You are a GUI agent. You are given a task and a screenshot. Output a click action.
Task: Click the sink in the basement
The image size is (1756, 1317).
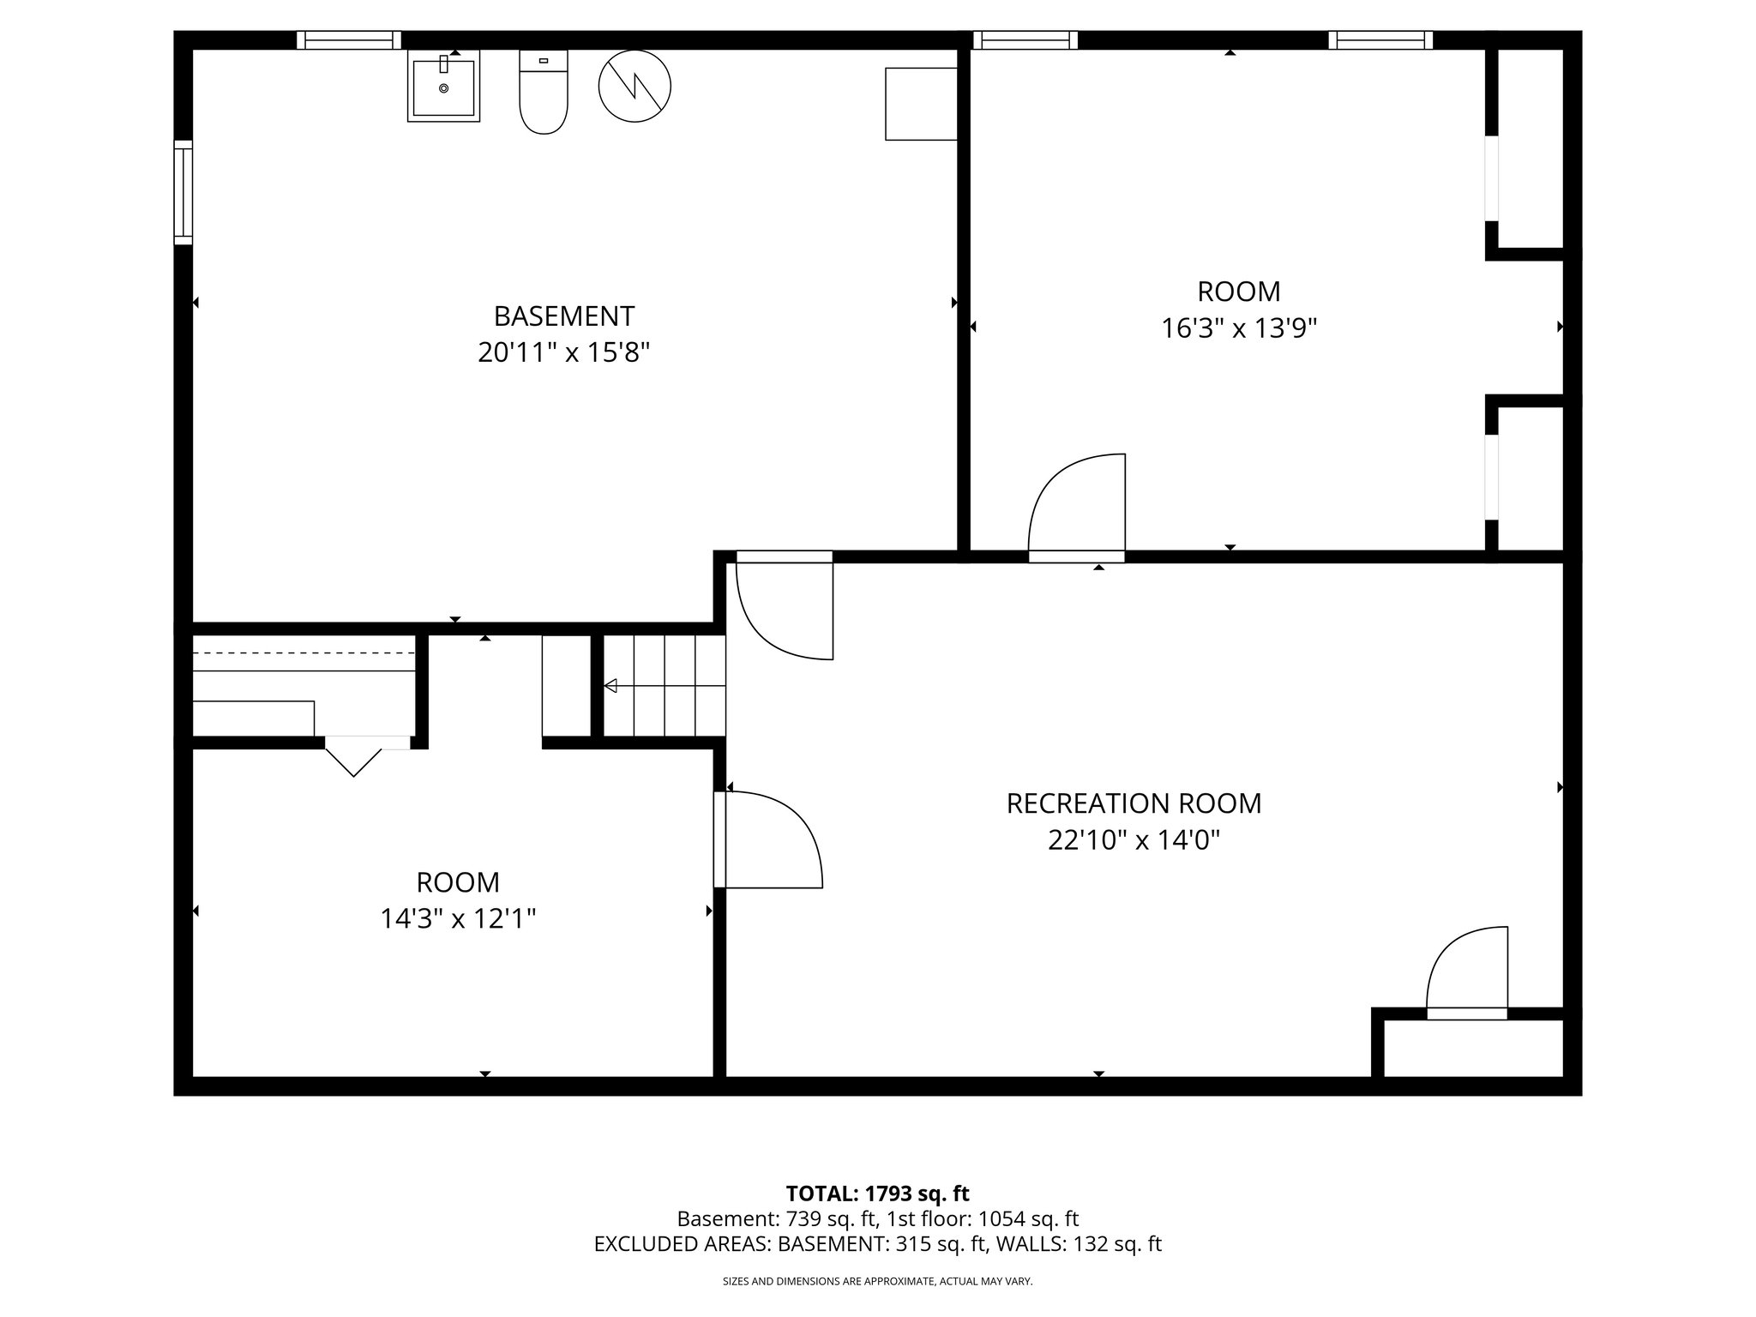[x=443, y=87]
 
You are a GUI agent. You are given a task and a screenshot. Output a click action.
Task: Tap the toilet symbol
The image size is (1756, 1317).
[x=544, y=93]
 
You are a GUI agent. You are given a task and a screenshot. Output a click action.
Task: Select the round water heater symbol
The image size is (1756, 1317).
[x=634, y=86]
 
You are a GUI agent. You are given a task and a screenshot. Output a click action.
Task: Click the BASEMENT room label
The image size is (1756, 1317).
[x=563, y=316]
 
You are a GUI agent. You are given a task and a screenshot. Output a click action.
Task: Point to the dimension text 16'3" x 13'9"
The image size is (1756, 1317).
[x=1238, y=328]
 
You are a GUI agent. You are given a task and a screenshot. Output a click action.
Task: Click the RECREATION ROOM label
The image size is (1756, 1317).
[x=1134, y=803]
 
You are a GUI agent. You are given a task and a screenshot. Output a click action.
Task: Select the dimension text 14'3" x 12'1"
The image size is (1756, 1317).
[x=458, y=919]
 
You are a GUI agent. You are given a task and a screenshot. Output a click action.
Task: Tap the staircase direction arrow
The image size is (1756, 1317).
[x=611, y=685]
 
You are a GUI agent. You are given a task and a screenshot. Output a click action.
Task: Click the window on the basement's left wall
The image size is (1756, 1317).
[x=183, y=192]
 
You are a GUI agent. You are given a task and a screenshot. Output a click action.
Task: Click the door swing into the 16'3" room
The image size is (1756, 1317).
[x=1077, y=506]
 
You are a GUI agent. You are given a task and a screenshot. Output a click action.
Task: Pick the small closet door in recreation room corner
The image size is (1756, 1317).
[x=1466, y=973]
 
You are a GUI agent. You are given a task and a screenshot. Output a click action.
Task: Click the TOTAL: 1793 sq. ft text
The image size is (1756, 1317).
[x=877, y=1194]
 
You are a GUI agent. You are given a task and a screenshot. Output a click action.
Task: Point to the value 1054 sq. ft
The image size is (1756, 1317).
[x=1029, y=1218]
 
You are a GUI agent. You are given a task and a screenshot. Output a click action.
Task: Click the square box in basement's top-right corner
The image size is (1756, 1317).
[x=921, y=104]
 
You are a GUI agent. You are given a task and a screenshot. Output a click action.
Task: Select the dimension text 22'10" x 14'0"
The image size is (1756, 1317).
[x=1134, y=840]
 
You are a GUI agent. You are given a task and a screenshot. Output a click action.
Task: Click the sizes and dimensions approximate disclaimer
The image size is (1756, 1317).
[x=877, y=1281]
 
